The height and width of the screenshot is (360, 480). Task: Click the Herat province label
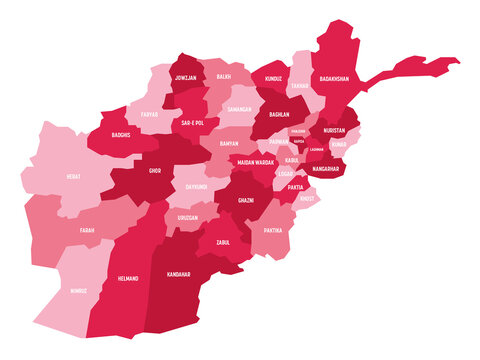point(74,176)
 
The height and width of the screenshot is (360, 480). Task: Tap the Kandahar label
point(180,273)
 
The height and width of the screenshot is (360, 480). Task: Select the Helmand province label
point(128,278)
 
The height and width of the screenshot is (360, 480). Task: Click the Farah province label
point(87,230)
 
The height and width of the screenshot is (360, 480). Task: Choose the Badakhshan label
point(336,77)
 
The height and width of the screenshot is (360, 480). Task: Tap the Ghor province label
point(155,171)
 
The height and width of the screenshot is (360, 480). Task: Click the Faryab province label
point(149,114)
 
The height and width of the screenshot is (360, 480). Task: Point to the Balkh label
point(224,75)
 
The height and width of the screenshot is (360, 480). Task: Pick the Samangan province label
point(237,108)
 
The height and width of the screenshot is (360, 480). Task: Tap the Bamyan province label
point(228,144)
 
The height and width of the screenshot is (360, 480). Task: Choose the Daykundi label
point(196,185)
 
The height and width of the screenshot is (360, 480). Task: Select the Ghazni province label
point(245,200)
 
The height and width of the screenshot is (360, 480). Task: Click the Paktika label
point(271,230)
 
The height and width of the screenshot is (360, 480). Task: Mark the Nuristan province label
point(334,130)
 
